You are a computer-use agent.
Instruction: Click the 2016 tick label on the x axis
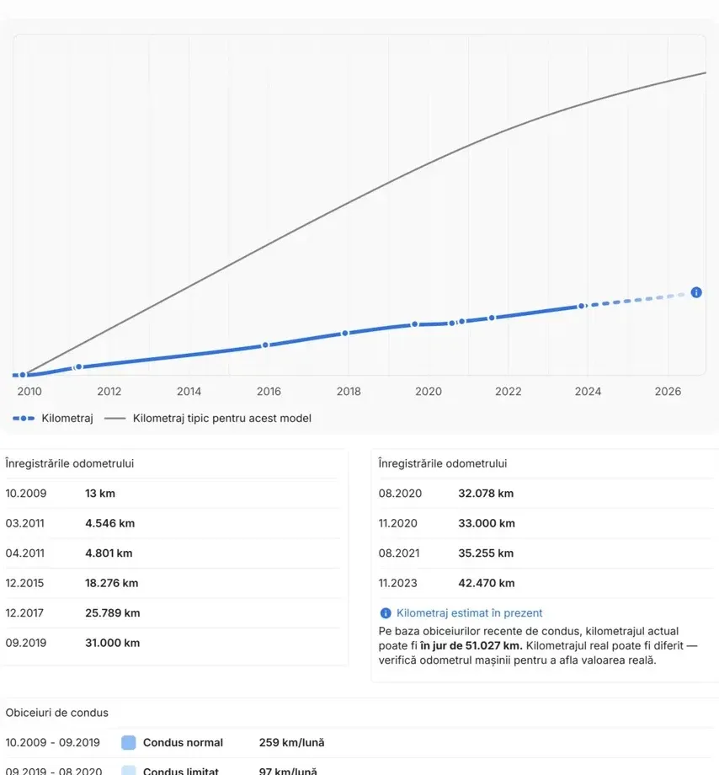pos(269,392)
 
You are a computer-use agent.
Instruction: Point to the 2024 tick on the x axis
pos(588,392)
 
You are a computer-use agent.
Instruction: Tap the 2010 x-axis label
pos(29,392)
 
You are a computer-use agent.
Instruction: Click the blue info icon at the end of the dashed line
pos(696,292)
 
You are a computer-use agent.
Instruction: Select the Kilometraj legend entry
pos(53,418)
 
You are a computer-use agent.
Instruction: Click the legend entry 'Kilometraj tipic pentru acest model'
pos(208,418)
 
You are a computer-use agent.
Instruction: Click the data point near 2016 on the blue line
pos(265,345)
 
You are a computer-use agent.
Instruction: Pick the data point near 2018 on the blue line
pos(345,333)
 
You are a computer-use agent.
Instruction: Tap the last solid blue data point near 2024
pos(582,307)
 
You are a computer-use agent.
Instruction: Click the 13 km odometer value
pos(99,494)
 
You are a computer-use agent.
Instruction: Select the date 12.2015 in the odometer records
pos(24,583)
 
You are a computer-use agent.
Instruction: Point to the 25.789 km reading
pos(113,613)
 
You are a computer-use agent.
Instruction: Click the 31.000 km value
pos(113,643)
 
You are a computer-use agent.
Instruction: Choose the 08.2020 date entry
pos(400,494)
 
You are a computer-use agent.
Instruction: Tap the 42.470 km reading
pos(487,583)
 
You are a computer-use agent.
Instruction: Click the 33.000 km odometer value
pos(487,523)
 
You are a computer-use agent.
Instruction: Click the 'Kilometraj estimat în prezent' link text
pos(470,613)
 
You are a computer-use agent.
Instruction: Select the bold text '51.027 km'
pos(493,645)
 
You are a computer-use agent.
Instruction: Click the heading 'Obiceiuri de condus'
pos(56,713)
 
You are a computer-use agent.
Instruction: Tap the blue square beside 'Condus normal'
pos(128,742)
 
